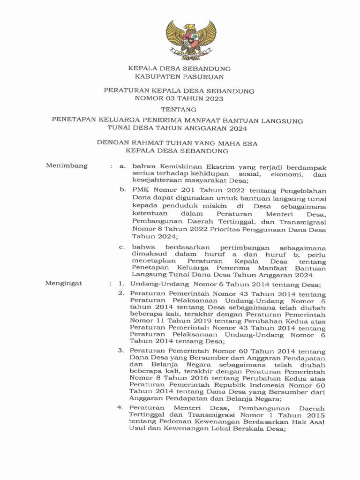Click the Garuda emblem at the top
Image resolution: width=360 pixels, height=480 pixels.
click(191, 39)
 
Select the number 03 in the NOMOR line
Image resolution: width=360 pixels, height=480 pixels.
click(172, 99)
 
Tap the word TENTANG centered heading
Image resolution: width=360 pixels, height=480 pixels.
click(180, 109)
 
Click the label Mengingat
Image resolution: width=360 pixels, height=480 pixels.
click(63, 284)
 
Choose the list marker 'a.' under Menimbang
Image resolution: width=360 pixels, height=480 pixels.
click(123, 166)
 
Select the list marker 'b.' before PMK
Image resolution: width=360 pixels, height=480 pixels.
click(123, 190)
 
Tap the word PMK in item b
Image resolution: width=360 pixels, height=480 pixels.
click(141, 190)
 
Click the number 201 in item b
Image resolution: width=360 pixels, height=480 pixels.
click(189, 190)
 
